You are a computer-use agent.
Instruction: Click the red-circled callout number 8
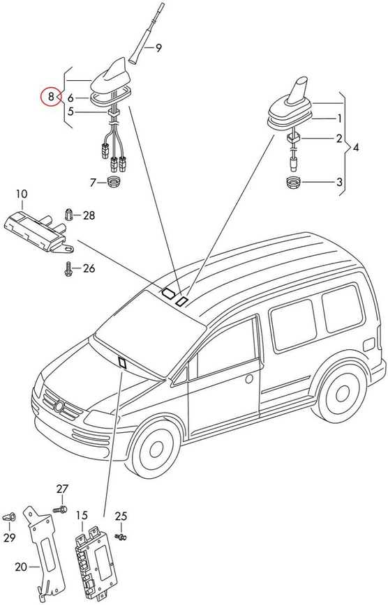tap(51, 96)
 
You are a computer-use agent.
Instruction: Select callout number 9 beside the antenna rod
tap(158, 48)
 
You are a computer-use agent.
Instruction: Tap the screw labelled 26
tap(68, 268)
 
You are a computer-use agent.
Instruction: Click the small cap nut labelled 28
tap(69, 214)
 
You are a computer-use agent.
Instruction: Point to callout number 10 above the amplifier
tap(22, 194)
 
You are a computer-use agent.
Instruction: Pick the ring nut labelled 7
tap(113, 181)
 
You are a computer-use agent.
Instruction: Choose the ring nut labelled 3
tap(293, 182)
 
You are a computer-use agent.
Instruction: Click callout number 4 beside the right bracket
tap(355, 147)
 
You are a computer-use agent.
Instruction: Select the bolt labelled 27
tap(61, 510)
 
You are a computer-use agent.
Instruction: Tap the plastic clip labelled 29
tap(10, 516)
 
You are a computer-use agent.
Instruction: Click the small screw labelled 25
tap(121, 536)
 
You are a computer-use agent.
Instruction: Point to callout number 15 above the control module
tap(82, 515)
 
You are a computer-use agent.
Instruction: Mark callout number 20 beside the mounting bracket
tap(22, 567)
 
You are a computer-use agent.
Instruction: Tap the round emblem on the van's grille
tap(59, 406)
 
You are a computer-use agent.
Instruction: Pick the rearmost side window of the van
tap(342, 308)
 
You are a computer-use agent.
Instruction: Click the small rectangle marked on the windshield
tap(123, 362)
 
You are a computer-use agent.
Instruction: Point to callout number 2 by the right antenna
tap(339, 139)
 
